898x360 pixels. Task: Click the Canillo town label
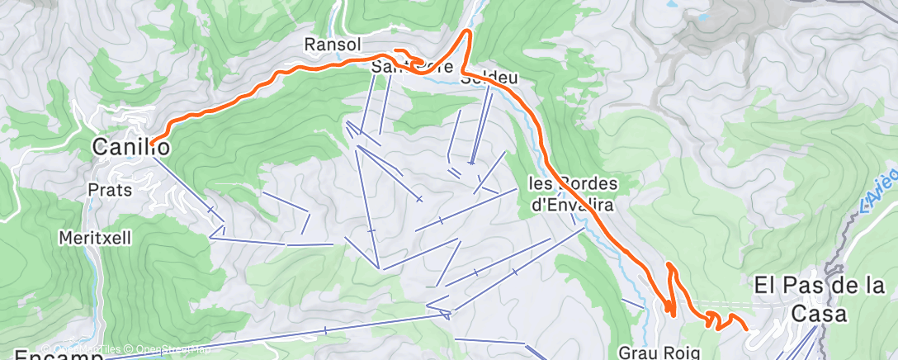pyautogui.click(x=131, y=149)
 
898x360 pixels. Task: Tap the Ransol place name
pyautogui.click(x=328, y=44)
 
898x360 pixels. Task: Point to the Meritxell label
pyautogui.click(x=95, y=238)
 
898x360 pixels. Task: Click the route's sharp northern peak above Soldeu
pyautogui.click(x=470, y=31)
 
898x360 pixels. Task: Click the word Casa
pyautogui.click(x=817, y=315)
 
